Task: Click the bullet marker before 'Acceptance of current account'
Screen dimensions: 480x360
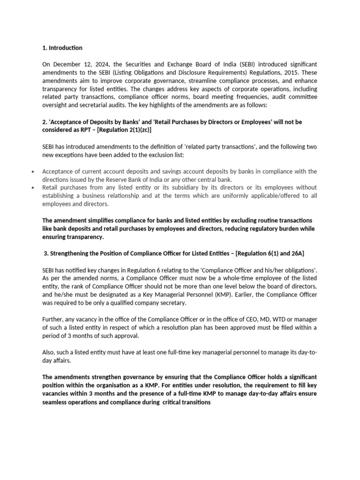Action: coord(32,172)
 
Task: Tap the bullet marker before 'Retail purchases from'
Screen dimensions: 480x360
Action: coord(32,188)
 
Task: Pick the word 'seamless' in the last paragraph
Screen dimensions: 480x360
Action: coord(56,402)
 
